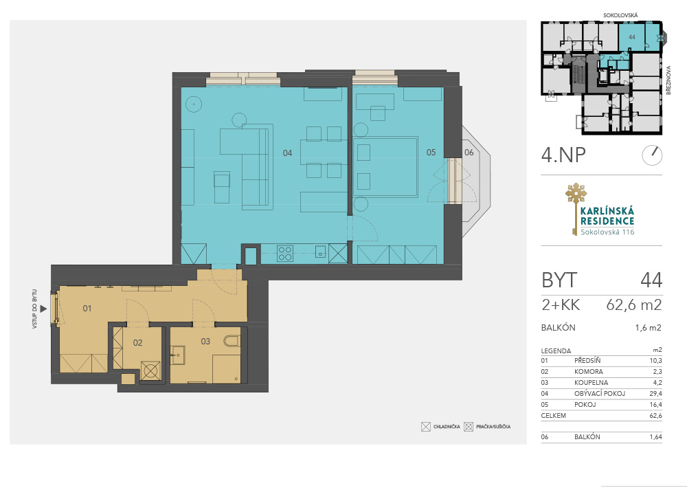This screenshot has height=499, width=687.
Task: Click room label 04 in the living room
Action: click(287, 153)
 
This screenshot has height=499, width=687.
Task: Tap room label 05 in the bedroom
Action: click(431, 152)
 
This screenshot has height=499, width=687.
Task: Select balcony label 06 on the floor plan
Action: click(469, 152)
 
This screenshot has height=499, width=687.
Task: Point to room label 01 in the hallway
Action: click(87, 308)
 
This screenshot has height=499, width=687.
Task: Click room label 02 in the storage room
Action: click(137, 342)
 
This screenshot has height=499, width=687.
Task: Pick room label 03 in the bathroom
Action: click(205, 341)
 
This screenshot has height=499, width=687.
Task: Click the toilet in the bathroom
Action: click(232, 341)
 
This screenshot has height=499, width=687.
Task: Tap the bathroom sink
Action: click(178, 355)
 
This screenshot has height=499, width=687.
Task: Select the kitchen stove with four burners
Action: click(285, 254)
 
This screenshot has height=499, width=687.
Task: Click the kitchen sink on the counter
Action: click(321, 252)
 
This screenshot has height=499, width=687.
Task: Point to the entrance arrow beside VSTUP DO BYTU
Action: click(43, 309)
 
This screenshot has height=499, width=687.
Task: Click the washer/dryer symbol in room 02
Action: click(150, 370)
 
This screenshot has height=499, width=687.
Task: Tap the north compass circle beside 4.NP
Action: click(652, 155)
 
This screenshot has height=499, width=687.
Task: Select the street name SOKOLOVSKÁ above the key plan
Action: click(620, 15)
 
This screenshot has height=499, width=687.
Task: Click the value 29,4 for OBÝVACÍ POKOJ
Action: click(656, 393)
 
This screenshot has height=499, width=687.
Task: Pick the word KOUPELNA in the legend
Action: click(591, 382)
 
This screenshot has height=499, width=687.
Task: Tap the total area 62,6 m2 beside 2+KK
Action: click(634, 304)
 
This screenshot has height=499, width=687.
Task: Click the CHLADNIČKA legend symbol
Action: click(426, 427)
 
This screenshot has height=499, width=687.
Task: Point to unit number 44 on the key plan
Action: click(632, 37)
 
